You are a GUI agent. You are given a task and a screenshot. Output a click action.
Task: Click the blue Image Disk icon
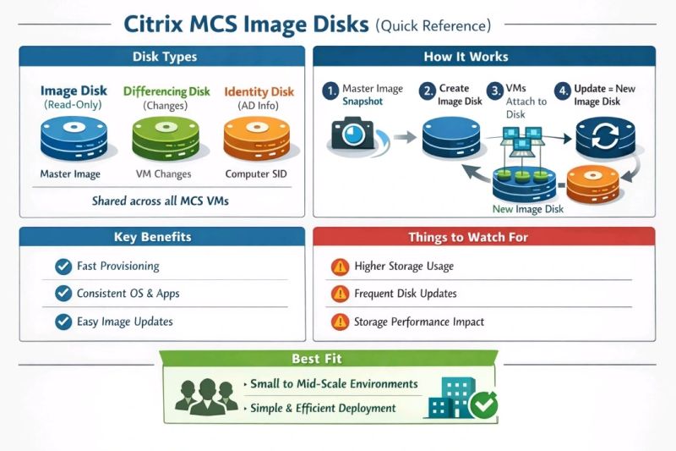(x=70, y=139)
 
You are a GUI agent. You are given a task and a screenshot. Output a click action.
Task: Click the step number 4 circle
(x=562, y=90)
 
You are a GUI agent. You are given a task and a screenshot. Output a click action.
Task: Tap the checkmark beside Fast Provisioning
(x=63, y=267)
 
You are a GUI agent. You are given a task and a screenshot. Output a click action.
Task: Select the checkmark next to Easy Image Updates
(x=63, y=322)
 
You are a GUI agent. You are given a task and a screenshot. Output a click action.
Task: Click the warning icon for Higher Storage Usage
(x=340, y=267)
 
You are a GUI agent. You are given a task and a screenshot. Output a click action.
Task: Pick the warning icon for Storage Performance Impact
(x=340, y=322)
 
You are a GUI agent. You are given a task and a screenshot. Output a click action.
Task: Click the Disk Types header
(x=165, y=57)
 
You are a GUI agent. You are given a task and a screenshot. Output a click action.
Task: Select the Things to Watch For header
(x=479, y=237)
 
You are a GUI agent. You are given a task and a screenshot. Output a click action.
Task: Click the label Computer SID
(x=253, y=174)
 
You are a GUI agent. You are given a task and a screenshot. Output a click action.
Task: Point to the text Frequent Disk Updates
(x=406, y=294)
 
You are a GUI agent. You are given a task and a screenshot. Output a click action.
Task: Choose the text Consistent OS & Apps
(x=128, y=294)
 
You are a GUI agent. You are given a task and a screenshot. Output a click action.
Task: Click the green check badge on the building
(x=484, y=405)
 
